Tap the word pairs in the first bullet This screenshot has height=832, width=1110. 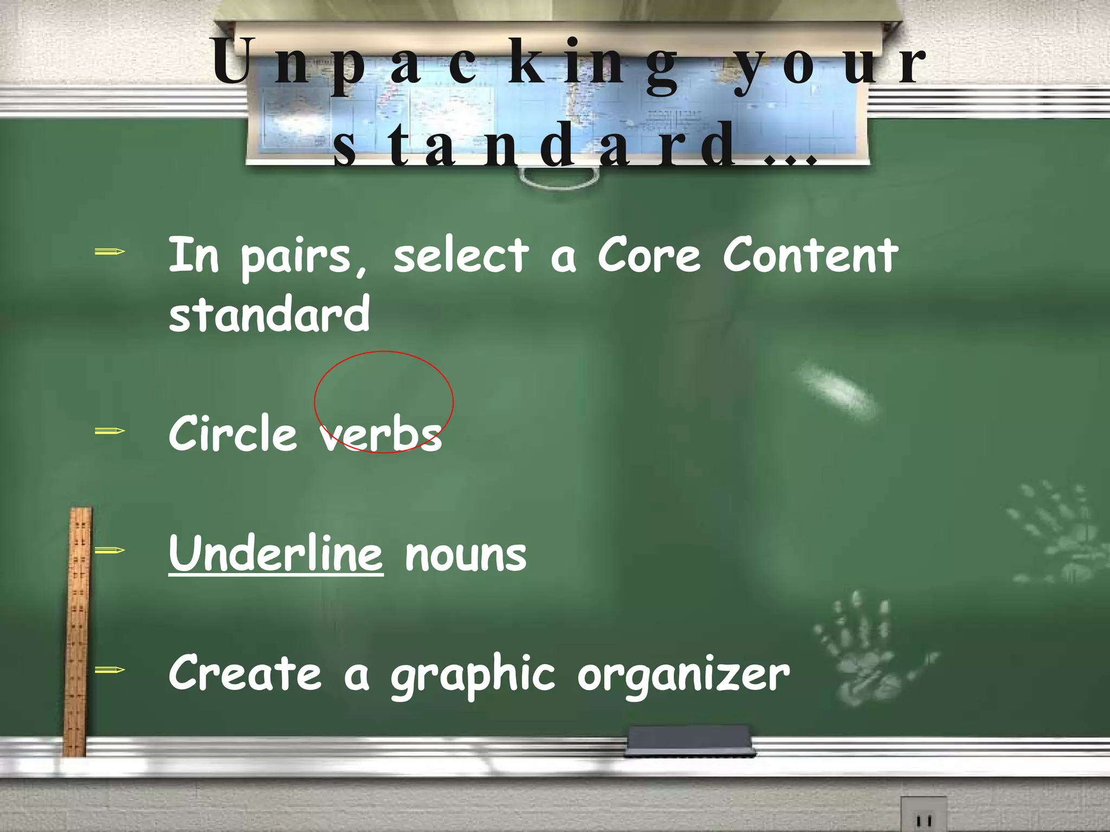304,257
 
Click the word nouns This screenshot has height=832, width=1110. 466,555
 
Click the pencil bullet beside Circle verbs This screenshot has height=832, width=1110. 109,431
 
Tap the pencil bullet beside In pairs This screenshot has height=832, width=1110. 109,251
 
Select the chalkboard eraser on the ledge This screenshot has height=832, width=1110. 689,740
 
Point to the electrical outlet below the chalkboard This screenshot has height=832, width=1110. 924,815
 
